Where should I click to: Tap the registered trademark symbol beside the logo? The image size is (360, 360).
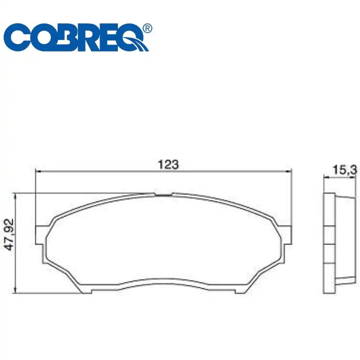(147, 28)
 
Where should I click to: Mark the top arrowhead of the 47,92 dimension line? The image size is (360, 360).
(15, 196)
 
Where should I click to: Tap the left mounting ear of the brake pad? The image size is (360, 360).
(41, 234)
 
